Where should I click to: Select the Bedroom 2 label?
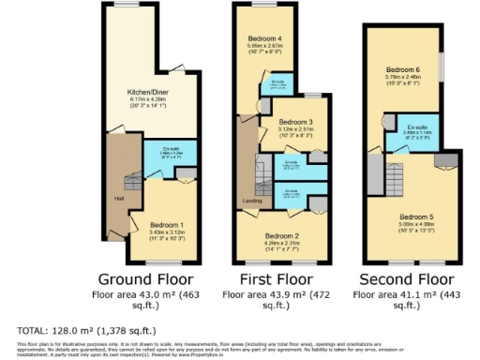(x=280, y=235)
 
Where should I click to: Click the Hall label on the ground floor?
(x=119, y=198)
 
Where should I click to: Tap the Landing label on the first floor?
(x=251, y=200)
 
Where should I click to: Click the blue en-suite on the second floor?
(x=418, y=132)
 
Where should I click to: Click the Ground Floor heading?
(x=145, y=279)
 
